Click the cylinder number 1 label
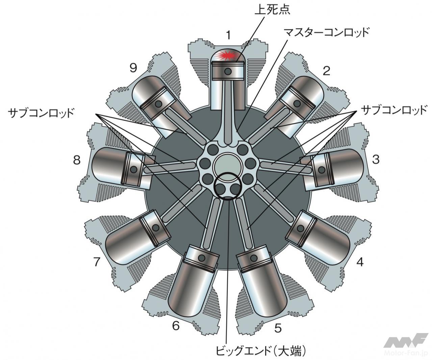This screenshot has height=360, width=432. coord(229,35)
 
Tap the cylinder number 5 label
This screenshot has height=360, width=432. coord(278,328)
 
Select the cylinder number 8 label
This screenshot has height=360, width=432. coord(77,160)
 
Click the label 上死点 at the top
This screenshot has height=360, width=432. coord(272,9)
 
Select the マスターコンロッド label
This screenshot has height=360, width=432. coord(326,33)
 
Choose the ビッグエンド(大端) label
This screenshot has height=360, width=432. coord(261,351)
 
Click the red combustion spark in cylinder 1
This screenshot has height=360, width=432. coord(228,55)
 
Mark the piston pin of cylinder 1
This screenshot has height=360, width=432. coord(229,71)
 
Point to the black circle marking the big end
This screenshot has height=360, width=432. coord(228,186)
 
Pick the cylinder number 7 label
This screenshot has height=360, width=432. coord(97,261)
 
